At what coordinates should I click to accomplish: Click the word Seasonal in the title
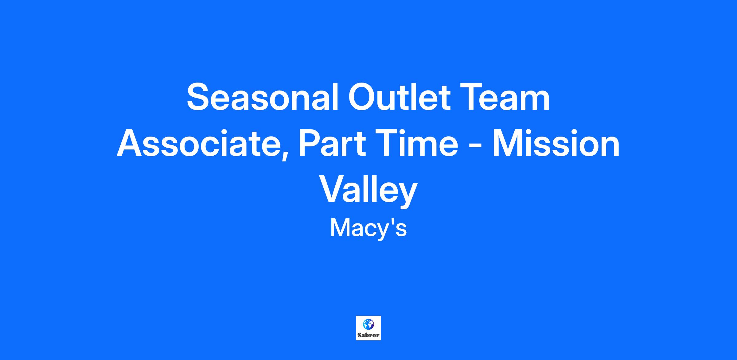(x=263, y=97)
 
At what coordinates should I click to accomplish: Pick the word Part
(x=332, y=143)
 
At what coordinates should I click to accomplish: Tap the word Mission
(x=556, y=143)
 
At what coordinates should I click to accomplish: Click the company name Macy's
(x=368, y=229)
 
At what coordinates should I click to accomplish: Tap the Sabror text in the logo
(x=368, y=335)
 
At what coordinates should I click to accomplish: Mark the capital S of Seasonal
(x=200, y=97)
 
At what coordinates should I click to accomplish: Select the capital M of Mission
(x=508, y=143)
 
